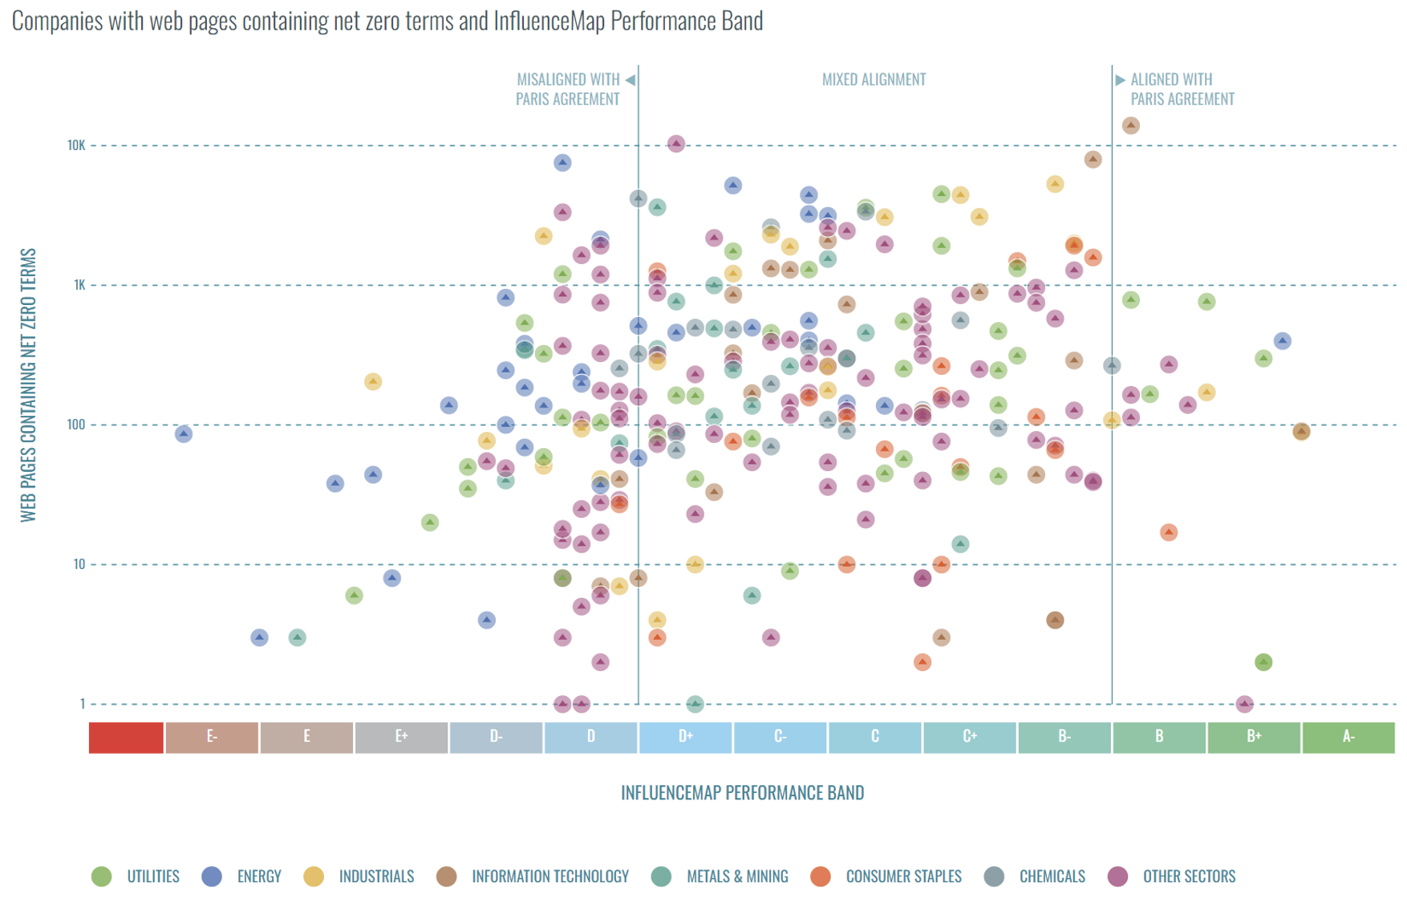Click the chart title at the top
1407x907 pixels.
[387, 21]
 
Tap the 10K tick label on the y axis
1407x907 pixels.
[76, 145]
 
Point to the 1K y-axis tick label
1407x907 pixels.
[79, 285]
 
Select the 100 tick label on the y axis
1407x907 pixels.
[76, 425]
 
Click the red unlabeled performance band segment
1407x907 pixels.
[126, 737]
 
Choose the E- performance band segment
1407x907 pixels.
[212, 737]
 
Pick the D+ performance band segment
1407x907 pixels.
[685, 737]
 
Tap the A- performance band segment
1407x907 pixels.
[1348, 737]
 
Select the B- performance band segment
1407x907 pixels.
[1064, 737]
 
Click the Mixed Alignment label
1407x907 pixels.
[874, 79]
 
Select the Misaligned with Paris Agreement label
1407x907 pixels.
[568, 89]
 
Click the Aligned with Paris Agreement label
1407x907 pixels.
[1182, 89]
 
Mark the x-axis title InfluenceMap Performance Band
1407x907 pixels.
[742, 793]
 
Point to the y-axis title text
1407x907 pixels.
[29, 385]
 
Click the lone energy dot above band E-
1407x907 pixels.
[184, 434]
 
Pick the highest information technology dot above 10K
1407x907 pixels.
[1131, 125]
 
